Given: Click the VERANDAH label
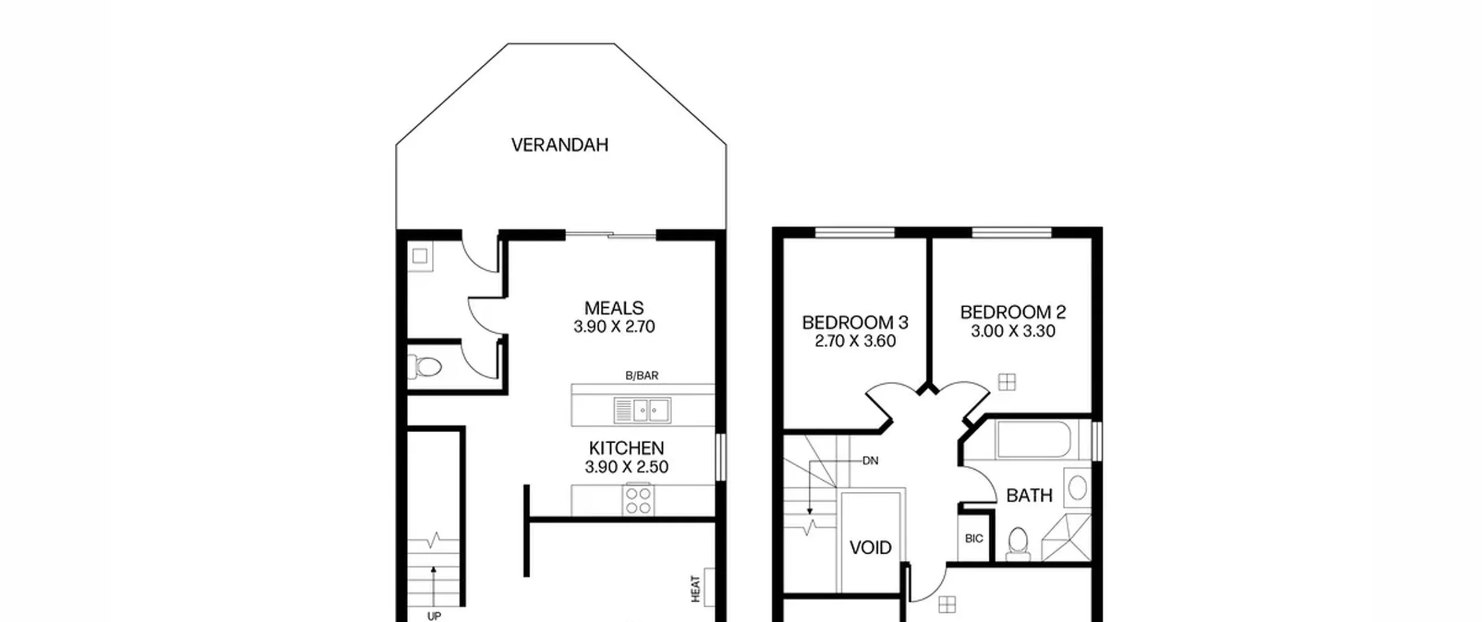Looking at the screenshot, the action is point(560,145).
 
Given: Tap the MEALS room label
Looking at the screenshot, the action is point(614,308).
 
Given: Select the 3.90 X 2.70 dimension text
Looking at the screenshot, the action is point(614,327).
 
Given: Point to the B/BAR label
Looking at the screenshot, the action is point(642,376).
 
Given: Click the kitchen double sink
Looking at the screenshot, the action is point(643,411).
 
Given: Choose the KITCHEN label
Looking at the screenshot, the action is point(626,448).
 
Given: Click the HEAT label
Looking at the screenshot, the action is point(696,588).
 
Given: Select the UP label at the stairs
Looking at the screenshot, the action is point(434,616).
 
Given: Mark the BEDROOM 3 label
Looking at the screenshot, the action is point(855,322).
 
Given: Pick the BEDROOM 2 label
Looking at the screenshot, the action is point(1013,312).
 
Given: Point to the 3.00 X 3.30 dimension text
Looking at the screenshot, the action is point(1013,332).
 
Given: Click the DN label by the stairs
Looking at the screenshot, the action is point(871,461).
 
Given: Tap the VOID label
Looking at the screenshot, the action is point(871,547).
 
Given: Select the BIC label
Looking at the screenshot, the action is point(974,539).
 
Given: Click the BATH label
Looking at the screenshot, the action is point(1029,495).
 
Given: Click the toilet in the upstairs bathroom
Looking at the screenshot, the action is point(1018,544).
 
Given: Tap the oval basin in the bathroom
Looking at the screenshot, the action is point(1077,488).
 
